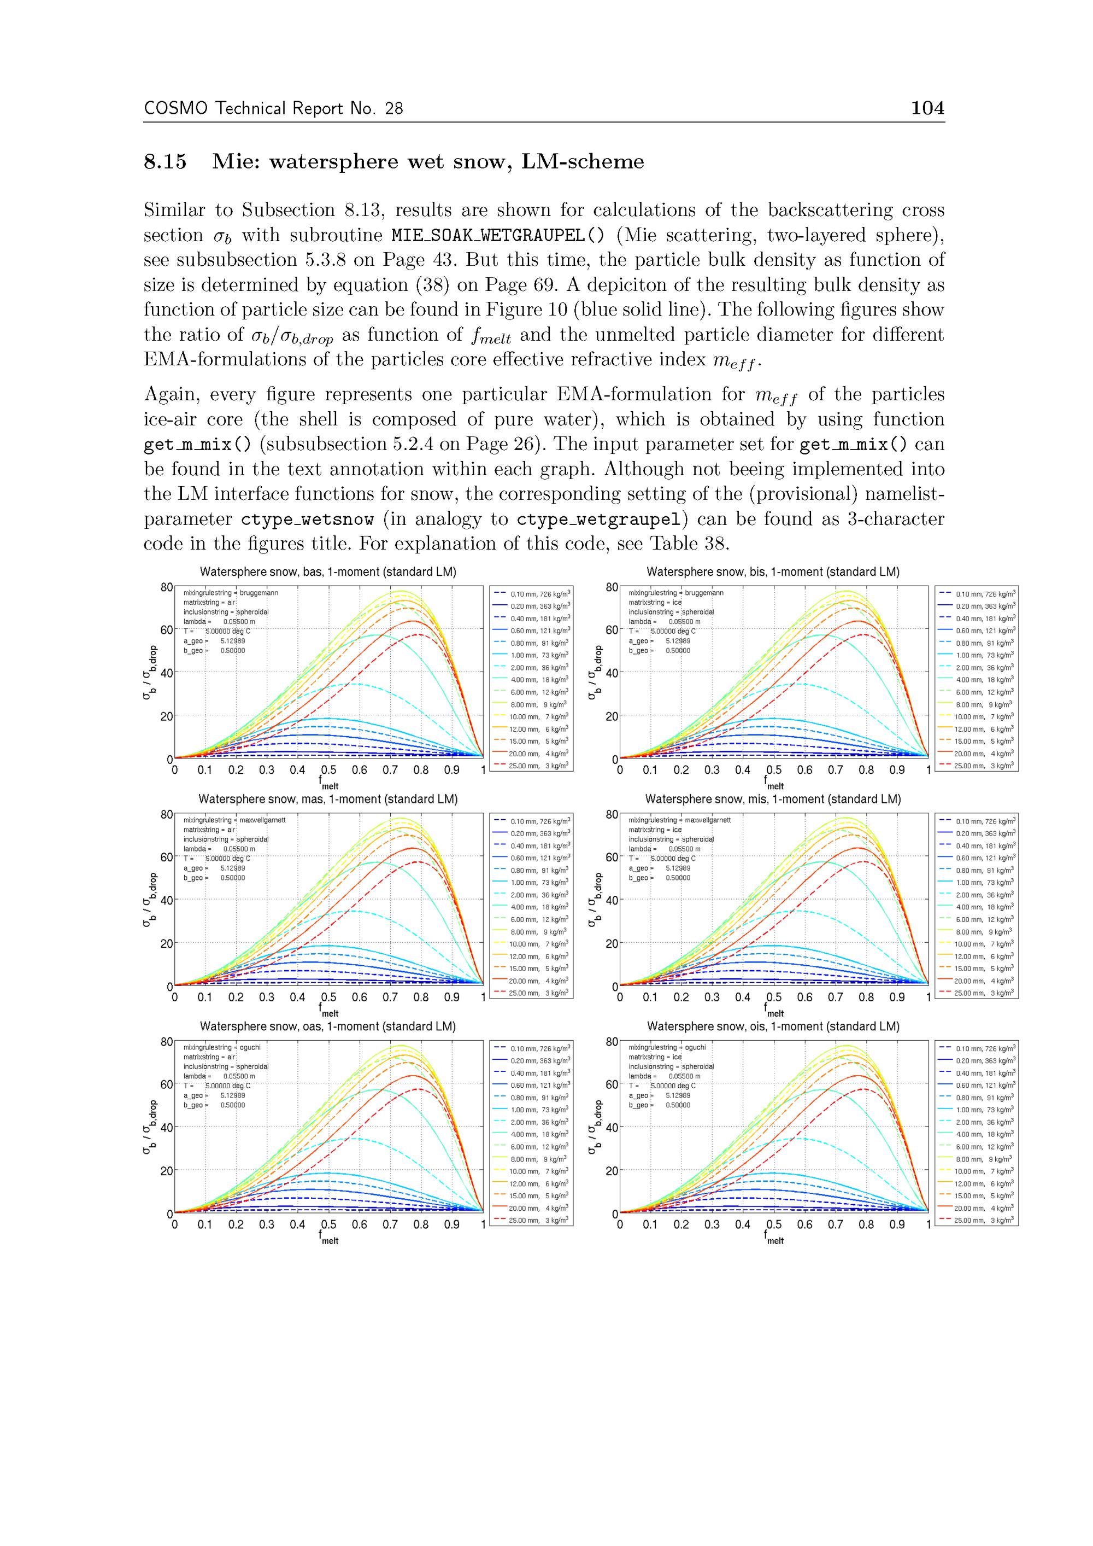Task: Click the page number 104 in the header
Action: point(927,108)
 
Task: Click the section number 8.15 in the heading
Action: point(165,162)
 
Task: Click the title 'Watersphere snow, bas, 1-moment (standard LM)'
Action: point(328,571)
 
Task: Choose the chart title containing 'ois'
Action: point(773,1026)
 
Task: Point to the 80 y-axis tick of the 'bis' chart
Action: point(611,587)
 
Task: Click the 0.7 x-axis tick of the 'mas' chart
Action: point(390,997)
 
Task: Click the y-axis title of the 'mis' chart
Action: point(593,900)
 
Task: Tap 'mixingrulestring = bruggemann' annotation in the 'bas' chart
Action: point(230,593)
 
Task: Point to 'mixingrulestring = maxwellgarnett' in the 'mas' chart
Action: point(234,820)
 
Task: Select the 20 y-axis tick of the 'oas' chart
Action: point(166,1171)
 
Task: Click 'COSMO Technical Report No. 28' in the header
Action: point(273,108)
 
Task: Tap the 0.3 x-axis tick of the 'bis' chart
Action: point(712,769)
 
